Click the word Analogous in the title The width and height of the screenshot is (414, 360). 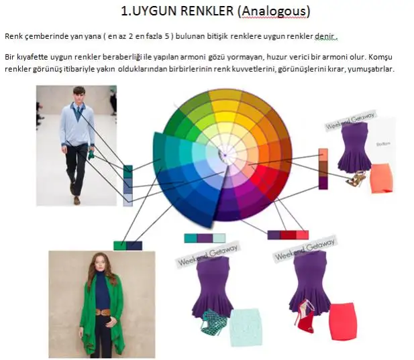tap(274, 11)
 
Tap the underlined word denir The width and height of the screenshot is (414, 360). tap(325, 36)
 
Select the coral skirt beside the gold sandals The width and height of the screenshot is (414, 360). tap(381, 178)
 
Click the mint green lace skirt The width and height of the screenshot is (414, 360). tap(246, 327)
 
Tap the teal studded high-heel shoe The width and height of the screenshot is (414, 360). tap(213, 321)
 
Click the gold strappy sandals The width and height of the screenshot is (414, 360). tap(356, 178)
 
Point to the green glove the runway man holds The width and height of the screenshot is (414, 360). tap(91, 155)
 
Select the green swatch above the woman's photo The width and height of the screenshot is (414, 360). tap(120, 245)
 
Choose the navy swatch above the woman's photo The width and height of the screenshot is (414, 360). tap(134, 245)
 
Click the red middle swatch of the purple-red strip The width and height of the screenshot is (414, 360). tap(288, 235)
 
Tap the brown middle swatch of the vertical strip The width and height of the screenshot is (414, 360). tap(323, 169)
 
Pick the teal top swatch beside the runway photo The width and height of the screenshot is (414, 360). tap(127, 172)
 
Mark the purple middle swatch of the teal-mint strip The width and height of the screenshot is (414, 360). tap(205, 238)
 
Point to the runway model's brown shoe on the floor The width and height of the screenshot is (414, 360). tap(77, 200)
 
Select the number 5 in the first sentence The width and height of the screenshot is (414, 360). tap(166, 36)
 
